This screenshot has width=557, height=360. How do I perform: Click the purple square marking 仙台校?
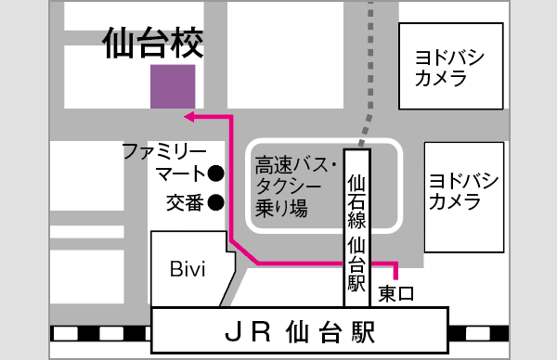pyautogui.click(x=173, y=86)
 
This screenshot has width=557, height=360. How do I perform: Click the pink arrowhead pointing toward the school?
pyautogui.click(x=189, y=117)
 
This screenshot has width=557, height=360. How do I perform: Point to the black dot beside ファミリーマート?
pyautogui.click(x=215, y=173)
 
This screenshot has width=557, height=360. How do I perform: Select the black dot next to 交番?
pyautogui.click(x=215, y=200)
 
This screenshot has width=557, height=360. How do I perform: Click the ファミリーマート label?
pyautogui.click(x=164, y=161)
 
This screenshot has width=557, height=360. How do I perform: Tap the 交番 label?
pyautogui.click(x=185, y=201)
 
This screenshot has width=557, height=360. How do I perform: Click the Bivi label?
pyautogui.click(x=187, y=269)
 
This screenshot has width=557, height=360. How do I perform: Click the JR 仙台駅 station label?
pyautogui.click(x=302, y=330)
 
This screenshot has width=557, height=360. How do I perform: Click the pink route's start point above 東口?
pyautogui.click(x=396, y=275)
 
